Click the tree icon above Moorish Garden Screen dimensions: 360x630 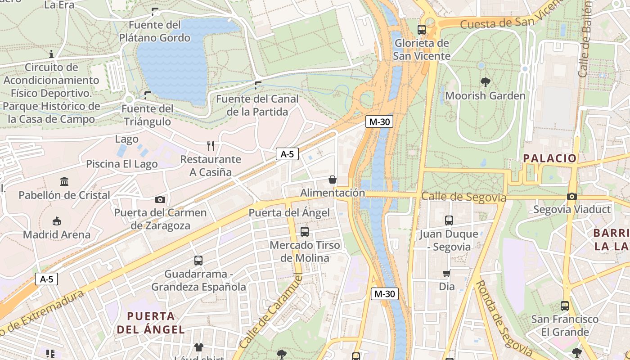tap(485, 82)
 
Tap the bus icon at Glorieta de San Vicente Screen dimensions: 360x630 tap(422, 30)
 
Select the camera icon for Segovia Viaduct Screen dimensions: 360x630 tap(571, 196)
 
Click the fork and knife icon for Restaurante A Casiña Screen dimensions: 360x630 tap(210, 145)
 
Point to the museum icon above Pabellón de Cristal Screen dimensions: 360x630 tap(64, 182)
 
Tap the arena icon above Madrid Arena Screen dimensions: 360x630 tap(57, 221)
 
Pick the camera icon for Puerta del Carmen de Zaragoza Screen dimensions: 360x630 tap(160, 199)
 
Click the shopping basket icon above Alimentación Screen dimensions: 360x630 tap(333, 180)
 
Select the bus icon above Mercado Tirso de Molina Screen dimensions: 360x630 tap(305, 232)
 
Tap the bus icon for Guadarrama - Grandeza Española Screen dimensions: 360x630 tap(198, 260)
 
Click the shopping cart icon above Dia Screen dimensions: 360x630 tap(447, 273)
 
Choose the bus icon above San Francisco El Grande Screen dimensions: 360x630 tap(565, 306)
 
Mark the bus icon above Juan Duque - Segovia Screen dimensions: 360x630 tap(449, 220)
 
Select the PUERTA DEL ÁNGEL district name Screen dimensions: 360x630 tap(151, 323)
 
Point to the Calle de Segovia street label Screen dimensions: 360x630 tap(463, 197)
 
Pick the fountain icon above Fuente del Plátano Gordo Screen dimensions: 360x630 tap(155, 11)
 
